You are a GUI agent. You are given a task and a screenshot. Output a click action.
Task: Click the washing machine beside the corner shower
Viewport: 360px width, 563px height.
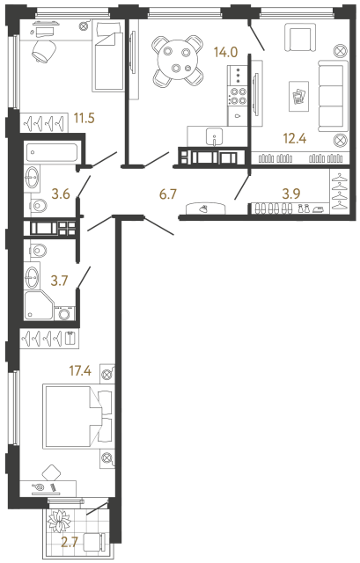pyautogui.click(x=64, y=311)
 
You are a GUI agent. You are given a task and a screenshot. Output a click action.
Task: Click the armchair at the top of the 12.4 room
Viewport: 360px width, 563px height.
pyautogui.click(x=300, y=40)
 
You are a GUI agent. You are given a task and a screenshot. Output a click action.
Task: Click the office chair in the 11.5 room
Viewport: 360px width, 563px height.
pyautogui.click(x=42, y=52)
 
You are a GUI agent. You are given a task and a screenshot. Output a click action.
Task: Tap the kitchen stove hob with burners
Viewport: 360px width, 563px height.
pyautogui.click(x=238, y=78)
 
